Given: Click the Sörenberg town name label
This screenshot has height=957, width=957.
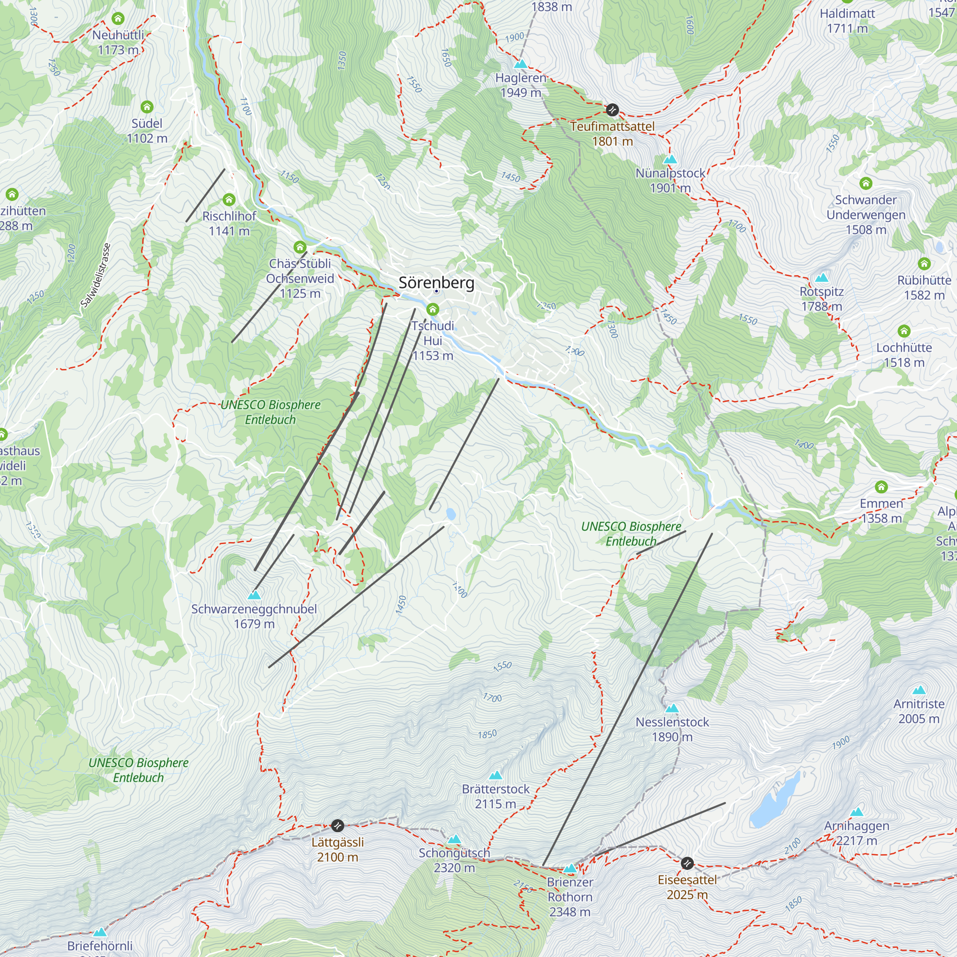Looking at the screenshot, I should point(436,283).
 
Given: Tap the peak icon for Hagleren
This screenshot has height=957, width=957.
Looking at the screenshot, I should point(520,65).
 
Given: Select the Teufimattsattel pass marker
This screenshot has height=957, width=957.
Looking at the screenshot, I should point(612,110).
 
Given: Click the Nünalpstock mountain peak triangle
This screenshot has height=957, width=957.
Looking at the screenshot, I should point(670,159).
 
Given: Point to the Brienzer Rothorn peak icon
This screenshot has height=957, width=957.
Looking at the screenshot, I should point(570,868).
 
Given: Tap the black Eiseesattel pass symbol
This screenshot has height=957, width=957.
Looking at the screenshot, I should point(687,863).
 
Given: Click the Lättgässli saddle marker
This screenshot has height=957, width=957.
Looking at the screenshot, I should point(337,825).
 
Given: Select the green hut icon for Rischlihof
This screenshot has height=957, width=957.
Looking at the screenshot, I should point(229,200).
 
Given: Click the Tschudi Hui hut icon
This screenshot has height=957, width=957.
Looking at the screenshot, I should point(433,310).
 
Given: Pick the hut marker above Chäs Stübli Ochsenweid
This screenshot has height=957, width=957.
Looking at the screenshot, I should point(300,247).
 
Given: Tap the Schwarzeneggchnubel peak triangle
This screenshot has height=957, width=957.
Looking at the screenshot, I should point(254,595).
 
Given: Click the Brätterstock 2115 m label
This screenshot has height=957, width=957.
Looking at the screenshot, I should point(495,797).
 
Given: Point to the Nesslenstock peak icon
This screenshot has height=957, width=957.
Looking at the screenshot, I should point(672,708).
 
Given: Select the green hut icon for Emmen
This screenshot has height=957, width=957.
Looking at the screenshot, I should point(881,487).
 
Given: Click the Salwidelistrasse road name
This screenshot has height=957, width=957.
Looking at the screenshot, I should point(96,276).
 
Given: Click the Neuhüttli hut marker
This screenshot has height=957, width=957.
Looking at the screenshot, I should point(117,19).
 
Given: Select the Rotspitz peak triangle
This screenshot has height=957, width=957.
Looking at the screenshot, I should point(821,278).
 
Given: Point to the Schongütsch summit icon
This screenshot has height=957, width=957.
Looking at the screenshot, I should point(454,839).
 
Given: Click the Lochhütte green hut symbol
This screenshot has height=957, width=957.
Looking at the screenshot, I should point(904,331).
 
